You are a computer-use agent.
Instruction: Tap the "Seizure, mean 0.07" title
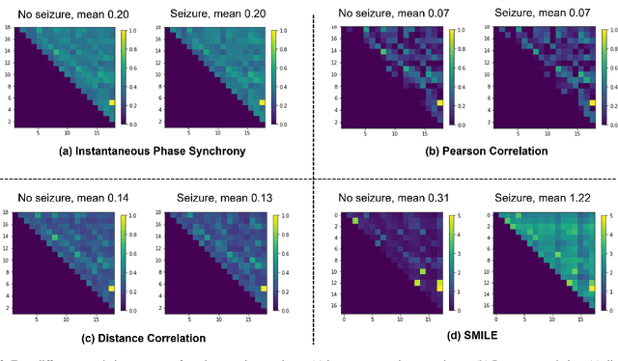pyautogui.click(x=539, y=13)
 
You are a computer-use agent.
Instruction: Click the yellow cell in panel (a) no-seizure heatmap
pyautogui.click(x=113, y=102)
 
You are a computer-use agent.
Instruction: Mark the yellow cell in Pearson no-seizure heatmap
pyautogui.click(x=440, y=102)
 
